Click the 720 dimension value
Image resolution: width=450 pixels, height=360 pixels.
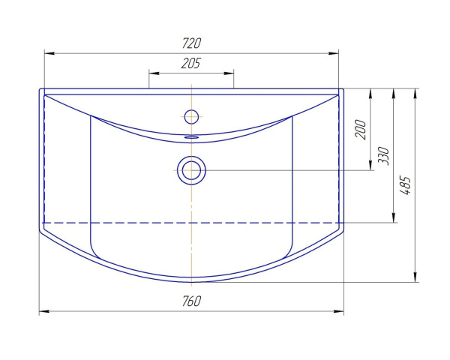[x=191, y=43]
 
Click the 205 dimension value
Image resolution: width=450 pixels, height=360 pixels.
[x=191, y=64]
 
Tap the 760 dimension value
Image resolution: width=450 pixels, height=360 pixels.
[x=191, y=301]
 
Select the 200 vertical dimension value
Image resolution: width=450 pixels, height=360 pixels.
[x=361, y=130]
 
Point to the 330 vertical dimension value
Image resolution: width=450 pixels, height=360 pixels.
[x=383, y=156]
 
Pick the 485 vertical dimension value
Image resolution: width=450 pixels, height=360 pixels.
[x=406, y=186]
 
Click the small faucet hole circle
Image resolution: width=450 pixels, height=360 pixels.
[x=191, y=116]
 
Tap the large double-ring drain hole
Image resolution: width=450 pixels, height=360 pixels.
[x=191, y=170]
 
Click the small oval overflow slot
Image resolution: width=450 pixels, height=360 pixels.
[x=191, y=137]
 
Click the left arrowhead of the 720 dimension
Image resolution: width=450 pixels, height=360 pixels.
[x=49, y=53]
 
